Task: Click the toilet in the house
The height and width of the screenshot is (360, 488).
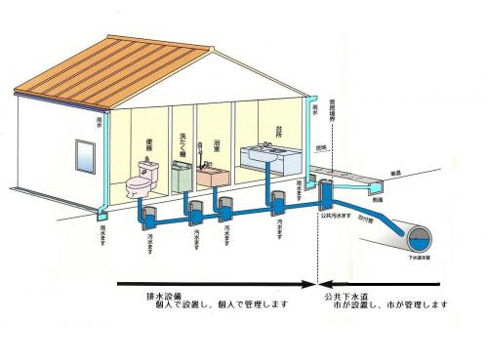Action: click(143, 180)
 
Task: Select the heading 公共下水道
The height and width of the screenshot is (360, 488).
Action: click(343, 294)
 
